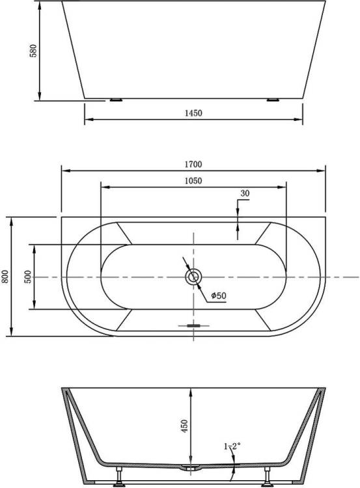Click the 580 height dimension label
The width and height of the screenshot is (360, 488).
33,51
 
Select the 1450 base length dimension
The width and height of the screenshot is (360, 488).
193,113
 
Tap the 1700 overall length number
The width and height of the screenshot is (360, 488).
193,164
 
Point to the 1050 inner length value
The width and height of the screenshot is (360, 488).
193,181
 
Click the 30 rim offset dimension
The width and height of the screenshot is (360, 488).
245,193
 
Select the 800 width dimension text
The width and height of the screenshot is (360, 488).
5,277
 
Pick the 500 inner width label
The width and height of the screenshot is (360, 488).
28,277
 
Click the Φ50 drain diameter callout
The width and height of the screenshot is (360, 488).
219,295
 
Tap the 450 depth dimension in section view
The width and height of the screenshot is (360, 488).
185,426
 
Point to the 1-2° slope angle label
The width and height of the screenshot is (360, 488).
232,446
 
